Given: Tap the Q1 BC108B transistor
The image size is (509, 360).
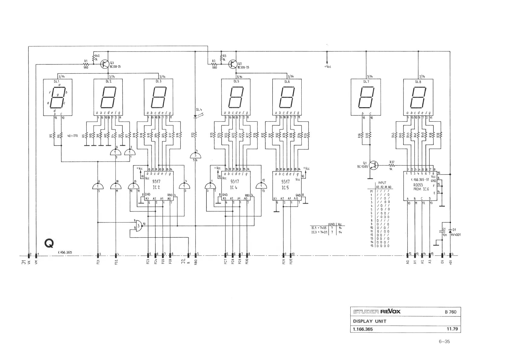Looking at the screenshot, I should coord(374,165).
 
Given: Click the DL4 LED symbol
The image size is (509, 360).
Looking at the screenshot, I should coord(195,116).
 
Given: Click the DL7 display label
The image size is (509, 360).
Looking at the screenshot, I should coord(366,82).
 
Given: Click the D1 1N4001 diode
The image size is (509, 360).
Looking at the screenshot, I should coord(450,231).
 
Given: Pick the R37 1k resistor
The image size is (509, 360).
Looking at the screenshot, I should coord(392,165).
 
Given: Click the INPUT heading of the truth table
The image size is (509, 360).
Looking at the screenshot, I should coord(382,183).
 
